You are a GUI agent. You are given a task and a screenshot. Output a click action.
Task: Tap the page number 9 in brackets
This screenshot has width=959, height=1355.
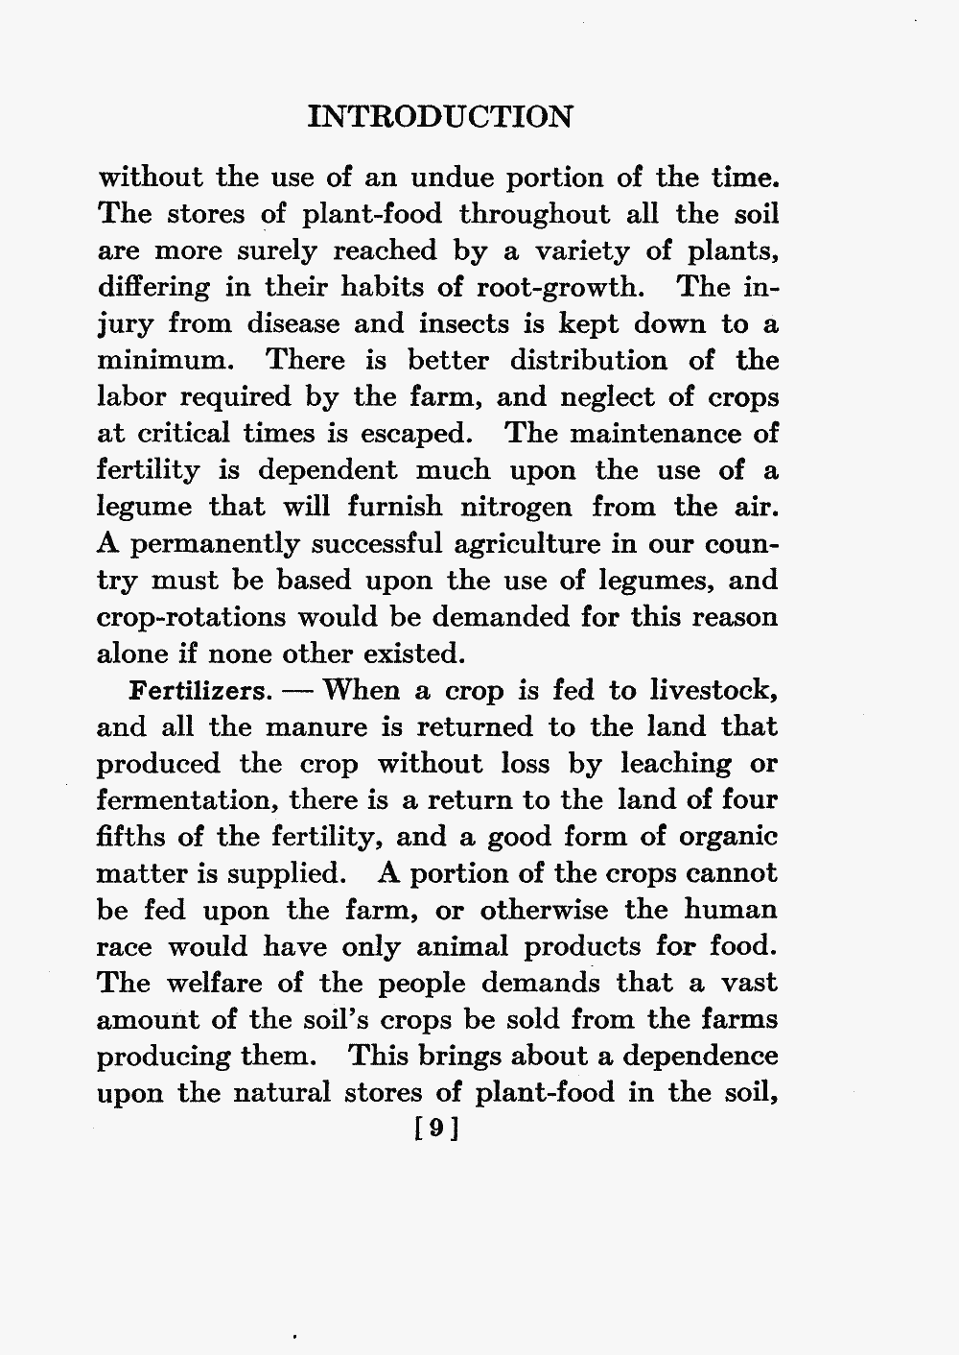(x=437, y=1129)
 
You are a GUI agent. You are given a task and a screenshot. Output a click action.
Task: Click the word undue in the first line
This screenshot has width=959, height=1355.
(x=451, y=178)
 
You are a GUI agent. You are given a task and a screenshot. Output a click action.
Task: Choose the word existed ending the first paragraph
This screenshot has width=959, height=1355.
(x=415, y=654)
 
